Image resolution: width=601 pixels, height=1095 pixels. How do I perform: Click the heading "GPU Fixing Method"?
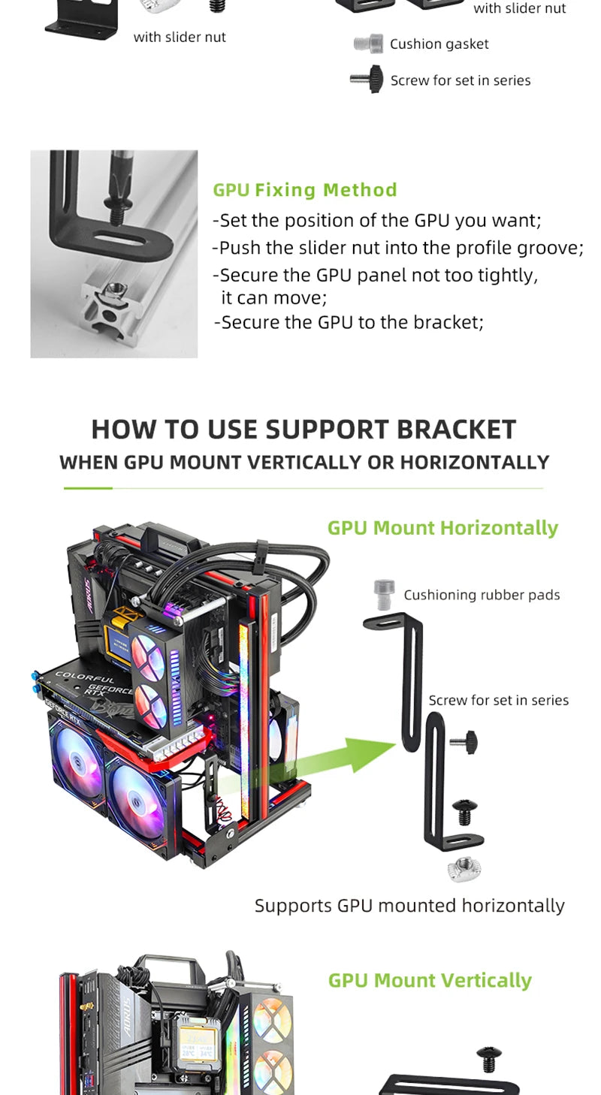(x=304, y=190)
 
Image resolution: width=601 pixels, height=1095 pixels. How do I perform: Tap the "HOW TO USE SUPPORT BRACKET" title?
(x=304, y=429)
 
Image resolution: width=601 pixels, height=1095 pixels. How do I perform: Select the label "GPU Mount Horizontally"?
(x=442, y=528)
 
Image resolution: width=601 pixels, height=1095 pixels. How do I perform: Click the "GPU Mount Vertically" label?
(x=430, y=980)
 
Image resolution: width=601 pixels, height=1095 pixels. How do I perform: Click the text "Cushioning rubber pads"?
(x=482, y=595)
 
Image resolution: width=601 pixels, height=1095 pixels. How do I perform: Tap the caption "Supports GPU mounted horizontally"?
(x=409, y=905)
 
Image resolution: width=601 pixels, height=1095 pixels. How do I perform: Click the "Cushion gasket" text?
(x=439, y=44)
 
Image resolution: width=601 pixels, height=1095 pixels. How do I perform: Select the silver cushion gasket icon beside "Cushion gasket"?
(x=368, y=44)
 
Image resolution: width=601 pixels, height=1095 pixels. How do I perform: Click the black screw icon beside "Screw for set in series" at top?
(x=367, y=80)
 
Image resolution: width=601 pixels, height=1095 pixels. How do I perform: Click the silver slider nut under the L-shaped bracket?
(x=464, y=870)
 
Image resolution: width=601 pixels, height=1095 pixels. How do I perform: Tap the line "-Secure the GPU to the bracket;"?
(x=349, y=322)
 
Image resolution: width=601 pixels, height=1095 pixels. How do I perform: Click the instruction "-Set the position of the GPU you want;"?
(x=376, y=221)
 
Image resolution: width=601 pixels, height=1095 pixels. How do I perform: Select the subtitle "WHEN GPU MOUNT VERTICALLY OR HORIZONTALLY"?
(x=304, y=462)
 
